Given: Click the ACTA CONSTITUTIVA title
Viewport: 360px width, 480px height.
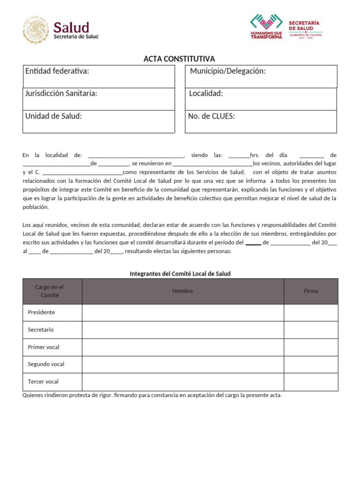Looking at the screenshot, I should click(179, 59).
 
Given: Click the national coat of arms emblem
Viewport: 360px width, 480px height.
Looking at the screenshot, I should click(36, 30).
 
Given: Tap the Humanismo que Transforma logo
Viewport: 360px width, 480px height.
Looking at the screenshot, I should click(266, 26).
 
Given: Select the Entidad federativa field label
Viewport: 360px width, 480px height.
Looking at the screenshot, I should click(57, 71).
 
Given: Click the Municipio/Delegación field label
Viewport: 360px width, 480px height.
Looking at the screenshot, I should click(228, 71).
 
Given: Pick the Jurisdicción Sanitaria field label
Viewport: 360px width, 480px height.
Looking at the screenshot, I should click(61, 93).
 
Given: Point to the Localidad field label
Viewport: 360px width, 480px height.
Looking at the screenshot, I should click(206, 93).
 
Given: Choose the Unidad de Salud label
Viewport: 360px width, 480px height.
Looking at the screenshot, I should click(53, 116).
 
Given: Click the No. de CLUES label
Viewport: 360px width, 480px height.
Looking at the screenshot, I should click(211, 116).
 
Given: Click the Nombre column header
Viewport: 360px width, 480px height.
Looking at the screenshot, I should click(182, 291).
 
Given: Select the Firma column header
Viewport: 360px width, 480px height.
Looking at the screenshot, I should click(310, 291).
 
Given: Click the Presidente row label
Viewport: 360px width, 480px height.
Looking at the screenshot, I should click(41, 312).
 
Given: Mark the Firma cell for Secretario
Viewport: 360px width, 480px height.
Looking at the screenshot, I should click(310, 330).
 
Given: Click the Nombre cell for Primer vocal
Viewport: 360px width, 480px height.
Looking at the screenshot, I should click(182, 347).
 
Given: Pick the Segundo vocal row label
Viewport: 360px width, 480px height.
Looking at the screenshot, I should click(46, 364).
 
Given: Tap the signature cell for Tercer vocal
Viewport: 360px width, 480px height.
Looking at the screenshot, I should click(310, 382).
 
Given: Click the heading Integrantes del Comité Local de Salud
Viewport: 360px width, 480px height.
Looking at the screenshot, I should click(180, 274).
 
